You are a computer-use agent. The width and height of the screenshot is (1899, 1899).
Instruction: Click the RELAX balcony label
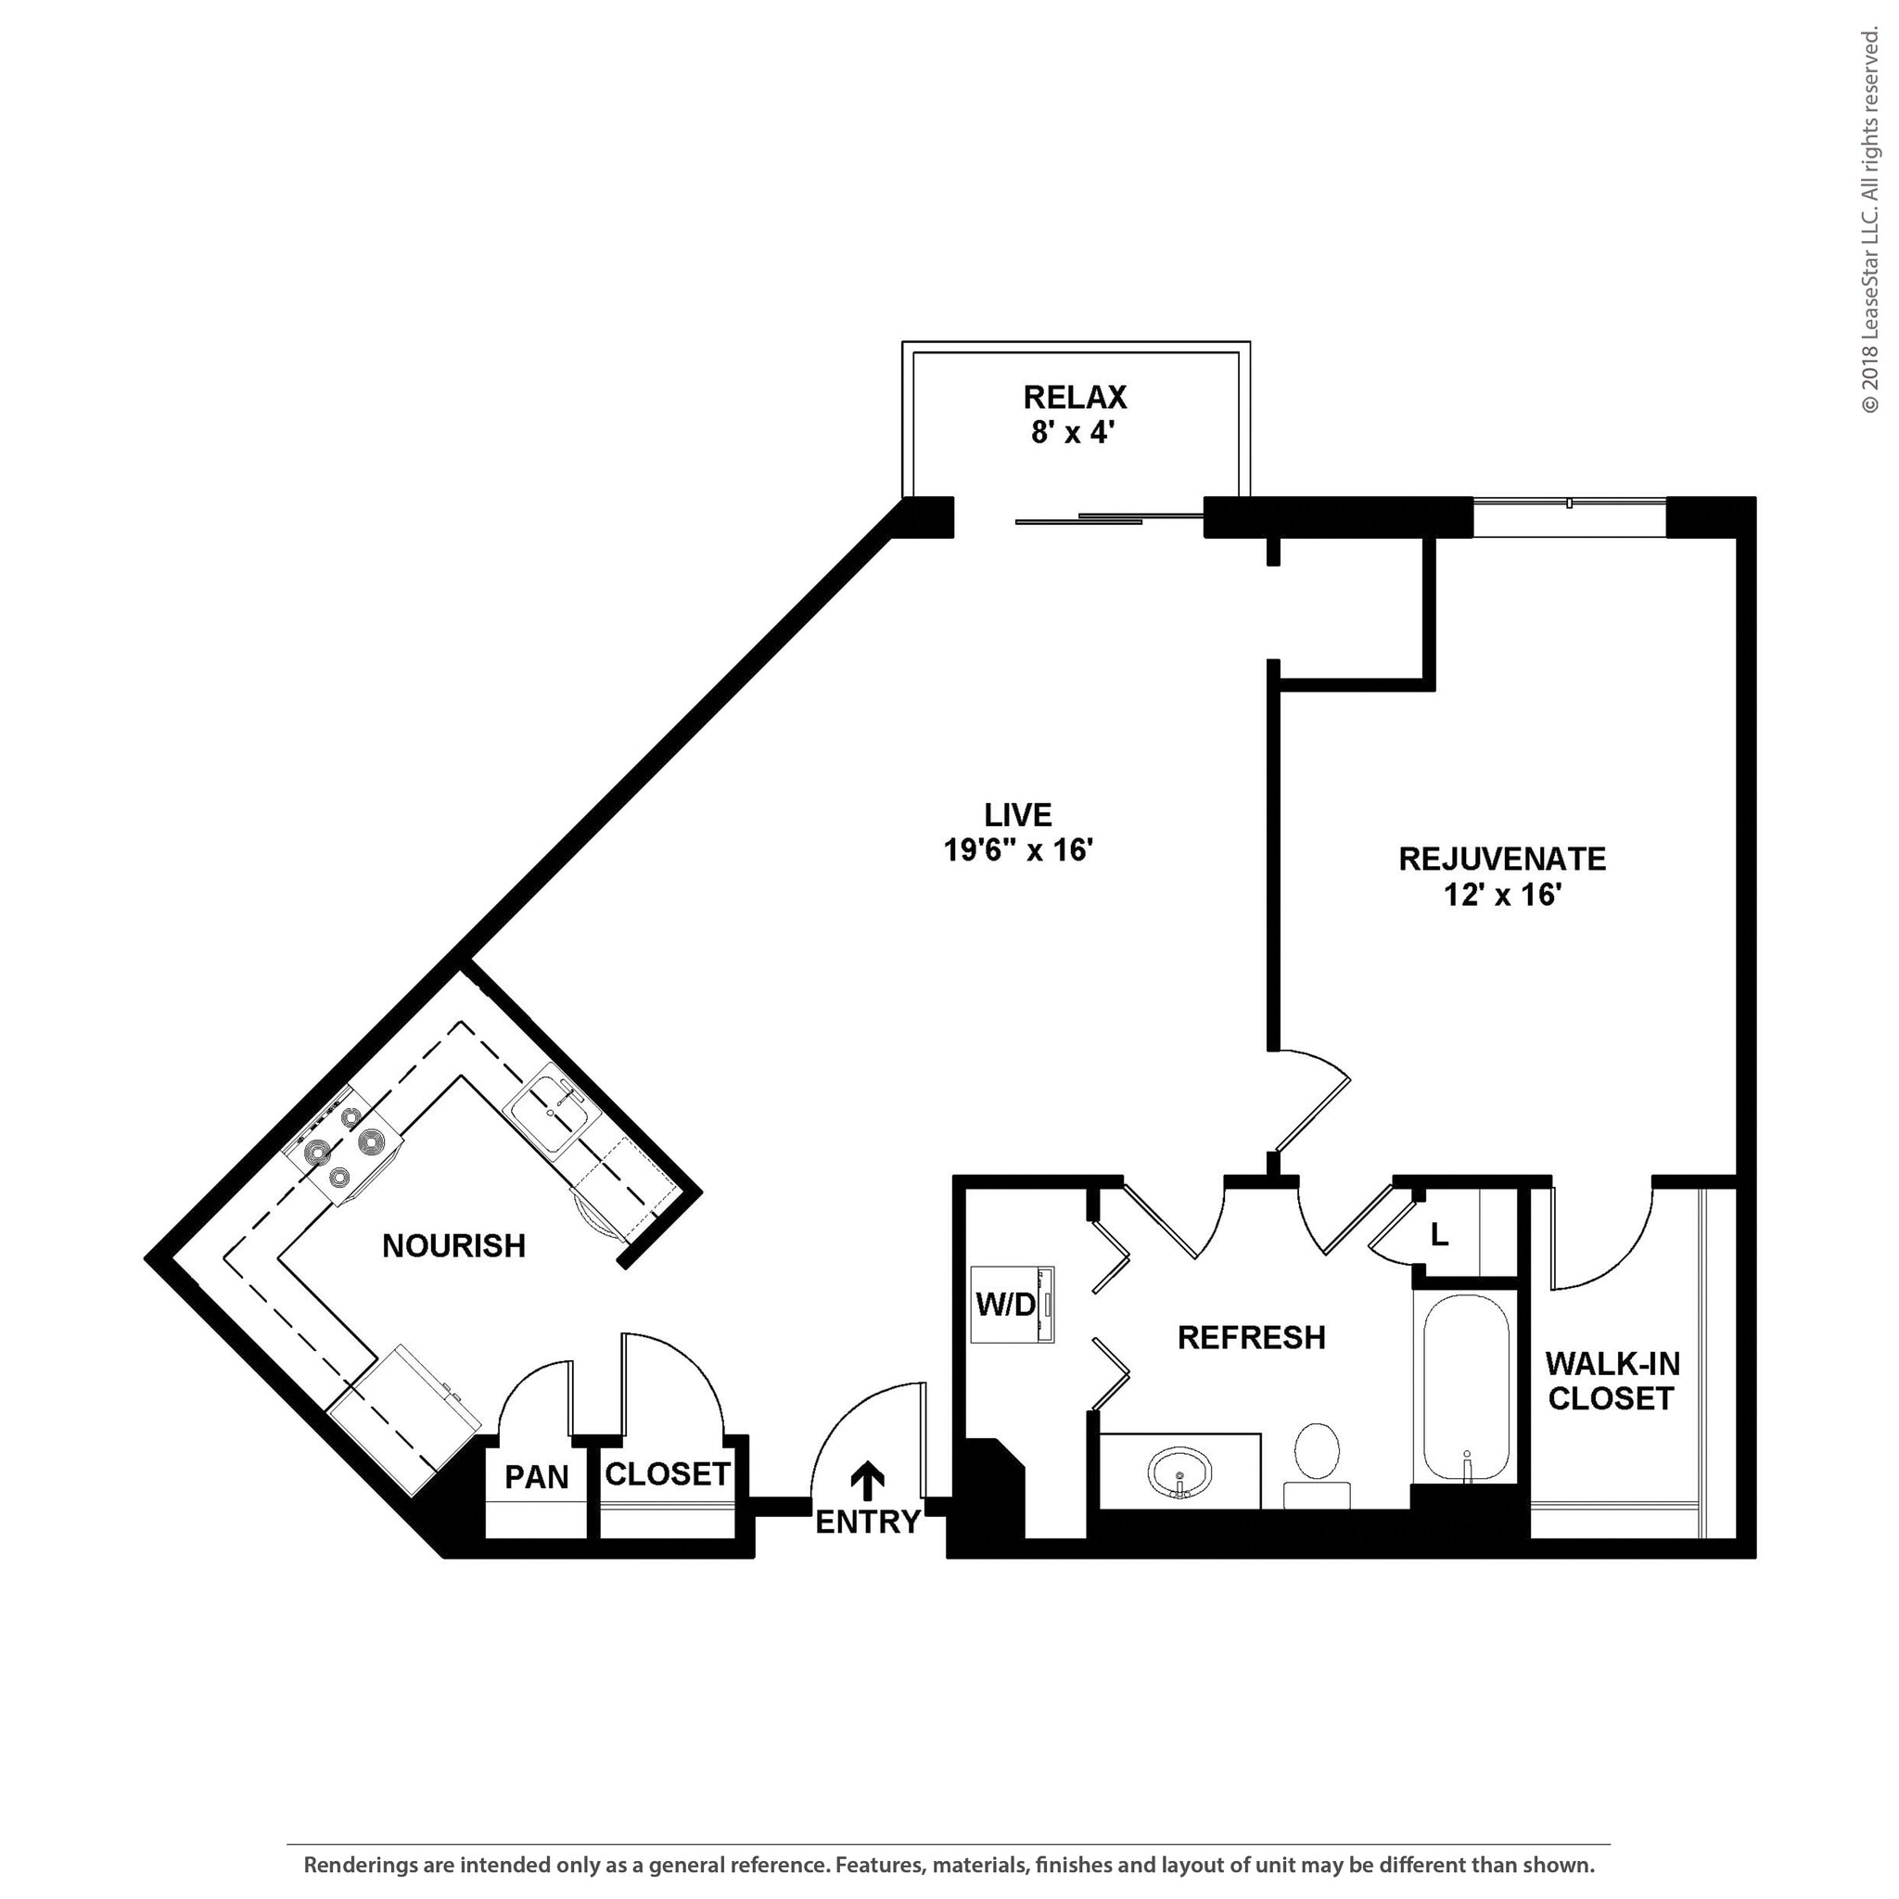point(1075,398)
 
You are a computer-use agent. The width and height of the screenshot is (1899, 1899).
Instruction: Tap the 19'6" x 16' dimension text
point(1018,850)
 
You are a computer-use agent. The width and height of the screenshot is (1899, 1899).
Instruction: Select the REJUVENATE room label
point(1501,859)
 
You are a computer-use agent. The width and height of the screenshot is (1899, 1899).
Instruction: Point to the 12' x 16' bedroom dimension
point(1503,896)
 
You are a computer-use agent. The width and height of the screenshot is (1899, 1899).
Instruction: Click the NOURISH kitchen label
point(453,1246)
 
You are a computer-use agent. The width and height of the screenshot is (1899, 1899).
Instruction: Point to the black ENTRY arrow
point(867,1480)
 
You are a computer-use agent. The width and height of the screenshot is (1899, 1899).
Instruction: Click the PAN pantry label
point(537,1477)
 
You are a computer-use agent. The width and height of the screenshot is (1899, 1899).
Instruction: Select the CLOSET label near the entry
point(667,1474)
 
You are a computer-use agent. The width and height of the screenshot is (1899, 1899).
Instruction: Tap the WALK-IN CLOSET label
point(1612,1381)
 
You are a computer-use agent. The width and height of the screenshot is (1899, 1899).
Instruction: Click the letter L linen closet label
point(1439,1235)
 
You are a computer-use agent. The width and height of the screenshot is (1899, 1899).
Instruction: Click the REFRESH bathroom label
point(1251,1338)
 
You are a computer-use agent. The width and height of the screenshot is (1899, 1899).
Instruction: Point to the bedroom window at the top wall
point(1569,517)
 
